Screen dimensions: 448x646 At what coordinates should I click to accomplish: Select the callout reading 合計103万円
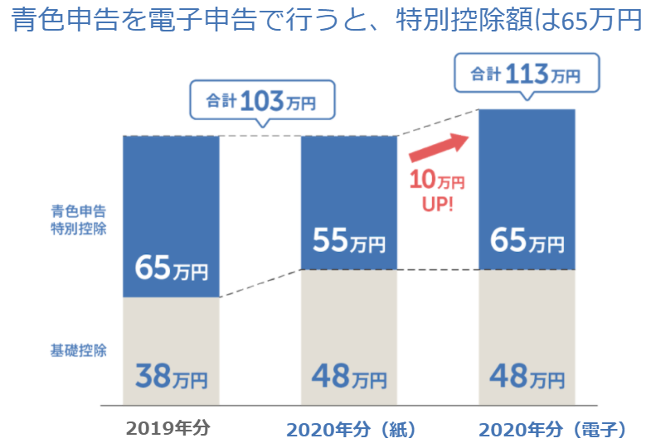click(261, 102)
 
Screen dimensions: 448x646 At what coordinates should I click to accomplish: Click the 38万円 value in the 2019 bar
click(171, 378)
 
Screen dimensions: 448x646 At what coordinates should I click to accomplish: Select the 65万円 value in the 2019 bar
click(171, 269)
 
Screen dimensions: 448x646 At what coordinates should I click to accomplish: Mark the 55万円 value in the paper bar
click(349, 241)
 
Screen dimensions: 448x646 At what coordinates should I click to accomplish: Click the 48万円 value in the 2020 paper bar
click(349, 378)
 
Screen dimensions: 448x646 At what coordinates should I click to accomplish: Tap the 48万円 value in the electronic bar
click(527, 378)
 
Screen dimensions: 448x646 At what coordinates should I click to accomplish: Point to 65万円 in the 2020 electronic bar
click(527, 242)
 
